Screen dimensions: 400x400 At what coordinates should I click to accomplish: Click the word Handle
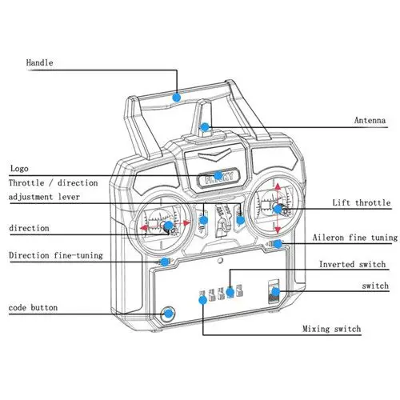(x=39, y=63)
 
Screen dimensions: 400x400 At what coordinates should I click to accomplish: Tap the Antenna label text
(x=370, y=120)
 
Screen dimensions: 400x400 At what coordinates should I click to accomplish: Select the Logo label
(x=19, y=169)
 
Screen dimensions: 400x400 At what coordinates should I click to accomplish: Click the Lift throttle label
(x=362, y=202)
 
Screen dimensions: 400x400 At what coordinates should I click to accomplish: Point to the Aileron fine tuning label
(x=355, y=238)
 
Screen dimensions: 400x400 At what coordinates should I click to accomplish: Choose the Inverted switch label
(x=352, y=264)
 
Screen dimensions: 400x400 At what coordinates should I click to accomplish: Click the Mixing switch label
(x=332, y=329)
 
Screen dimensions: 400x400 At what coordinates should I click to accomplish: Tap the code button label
(x=33, y=307)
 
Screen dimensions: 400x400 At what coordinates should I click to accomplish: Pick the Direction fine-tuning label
(x=56, y=255)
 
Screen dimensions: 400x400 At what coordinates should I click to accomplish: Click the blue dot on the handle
(x=177, y=98)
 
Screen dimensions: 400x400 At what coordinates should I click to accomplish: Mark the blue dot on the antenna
(x=205, y=127)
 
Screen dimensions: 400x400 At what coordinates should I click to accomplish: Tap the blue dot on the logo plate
(x=218, y=175)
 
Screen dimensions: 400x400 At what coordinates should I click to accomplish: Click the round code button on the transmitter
(x=168, y=314)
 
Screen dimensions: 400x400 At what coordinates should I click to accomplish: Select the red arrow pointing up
(x=278, y=186)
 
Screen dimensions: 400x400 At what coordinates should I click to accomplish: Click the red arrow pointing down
(x=278, y=230)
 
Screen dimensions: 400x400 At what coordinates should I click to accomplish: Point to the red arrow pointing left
(x=144, y=228)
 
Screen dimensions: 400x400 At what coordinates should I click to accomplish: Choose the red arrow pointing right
(x=186, y=223)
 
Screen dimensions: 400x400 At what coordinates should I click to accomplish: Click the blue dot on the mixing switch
(x=202, y=300)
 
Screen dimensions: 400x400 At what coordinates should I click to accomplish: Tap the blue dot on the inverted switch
(x=230, y=292)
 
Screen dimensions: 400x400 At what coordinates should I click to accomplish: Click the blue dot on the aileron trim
(x=278, y=244)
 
